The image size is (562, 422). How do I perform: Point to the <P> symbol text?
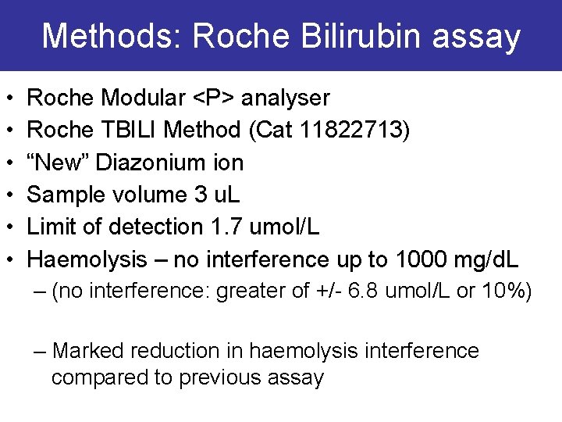click(215, 98)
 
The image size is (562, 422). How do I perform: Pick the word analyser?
click(286, 98)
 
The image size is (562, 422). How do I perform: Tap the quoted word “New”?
click(55, 163)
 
